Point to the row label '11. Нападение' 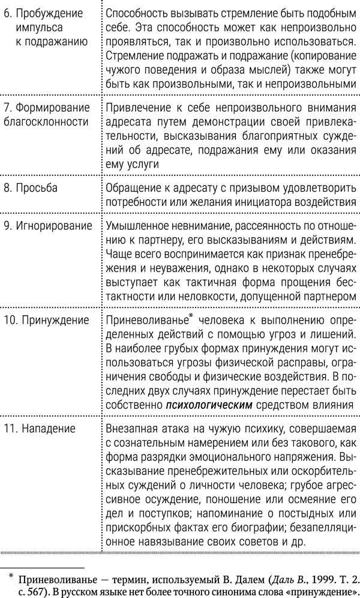42,429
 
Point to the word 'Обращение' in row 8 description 131,188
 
